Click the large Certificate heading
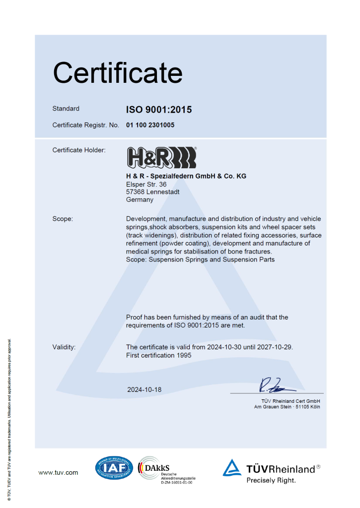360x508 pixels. (x=118, y=72)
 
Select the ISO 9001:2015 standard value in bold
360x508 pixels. (x=159, y=110)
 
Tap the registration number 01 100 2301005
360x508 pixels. (x=150, y=125)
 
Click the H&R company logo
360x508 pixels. (x=162, y=157)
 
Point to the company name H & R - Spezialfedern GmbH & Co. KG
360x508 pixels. (x=186, y=176)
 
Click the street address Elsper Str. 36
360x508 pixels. (x=146, y=184)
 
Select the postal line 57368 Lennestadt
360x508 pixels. (x=153, y=192)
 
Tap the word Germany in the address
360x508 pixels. (x=140, y=200)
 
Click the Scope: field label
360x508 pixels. (x=63, y=219)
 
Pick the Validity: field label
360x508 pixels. (x=64, y=347)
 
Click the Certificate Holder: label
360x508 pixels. (x=79, y=150)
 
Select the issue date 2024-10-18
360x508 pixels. (x=144, y=389)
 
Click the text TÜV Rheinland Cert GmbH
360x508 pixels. (x=290, y=401)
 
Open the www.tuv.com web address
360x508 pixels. (x=58, y=472)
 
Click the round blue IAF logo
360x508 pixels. (x=114, y=468)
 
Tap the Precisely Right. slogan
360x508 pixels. (x=271, y=480)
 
